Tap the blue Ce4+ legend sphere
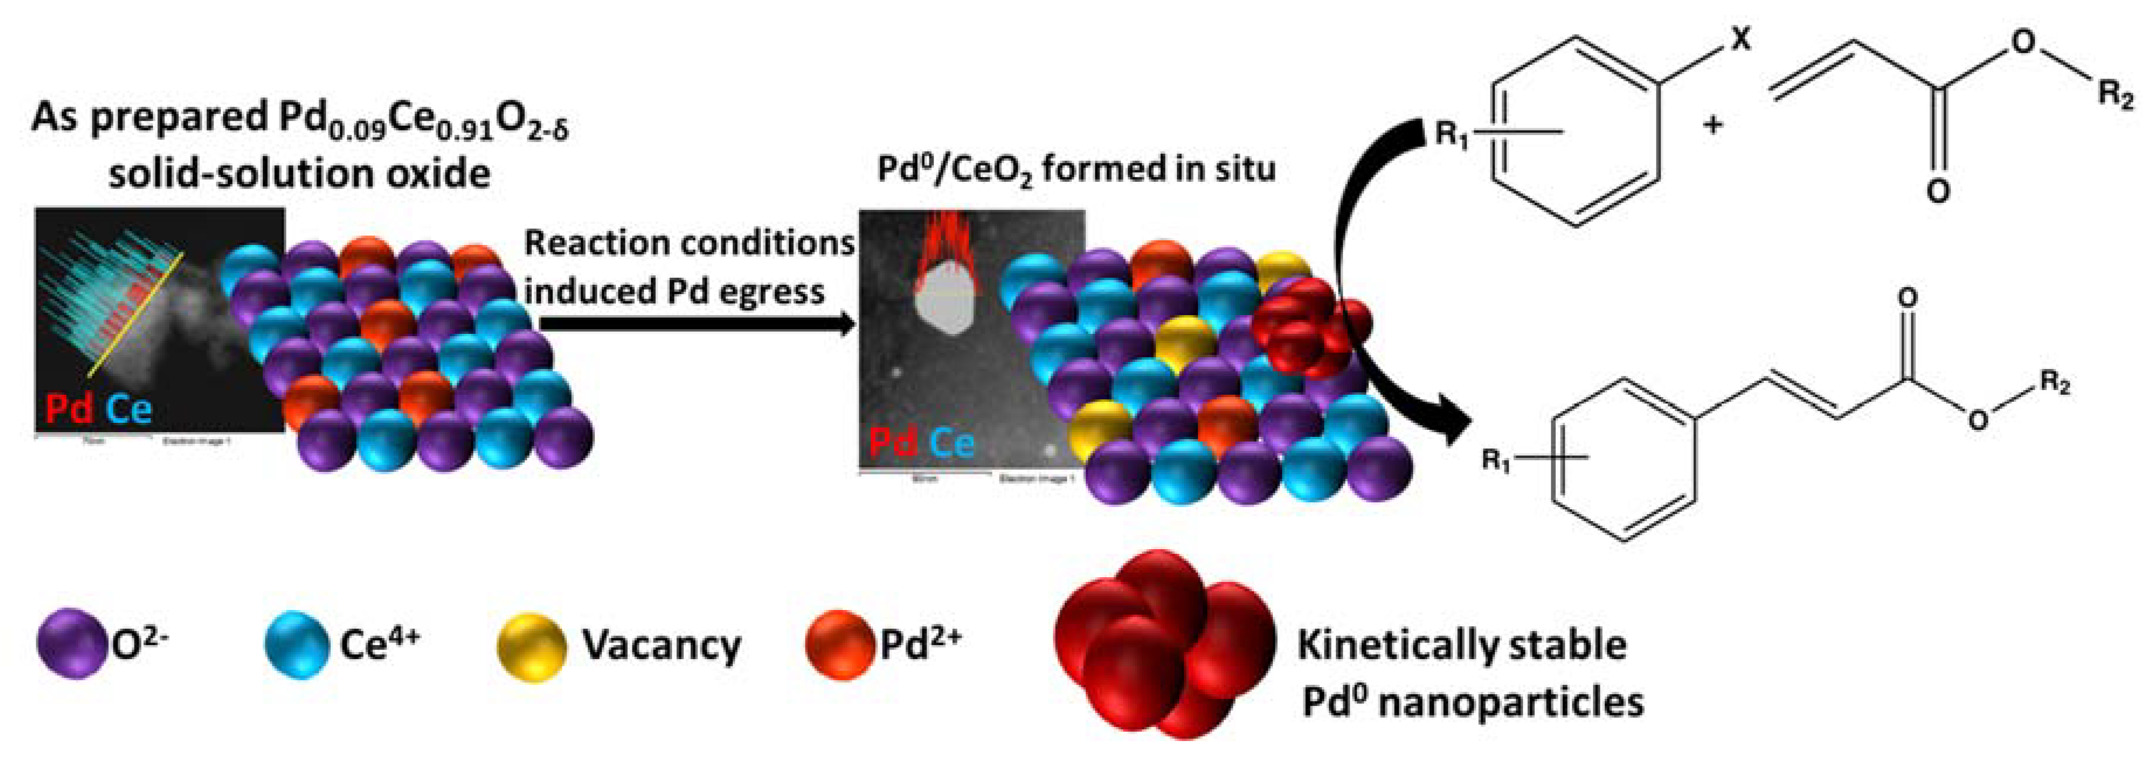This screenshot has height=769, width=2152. [x=296, y=644]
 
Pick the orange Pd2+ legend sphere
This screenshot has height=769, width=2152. [x=839, y=644]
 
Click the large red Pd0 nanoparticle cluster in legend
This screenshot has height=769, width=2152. [x=1161, y=644]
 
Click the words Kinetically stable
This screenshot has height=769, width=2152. [x=1461, y=644]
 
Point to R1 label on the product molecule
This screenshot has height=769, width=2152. [x=1496, y=460]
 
